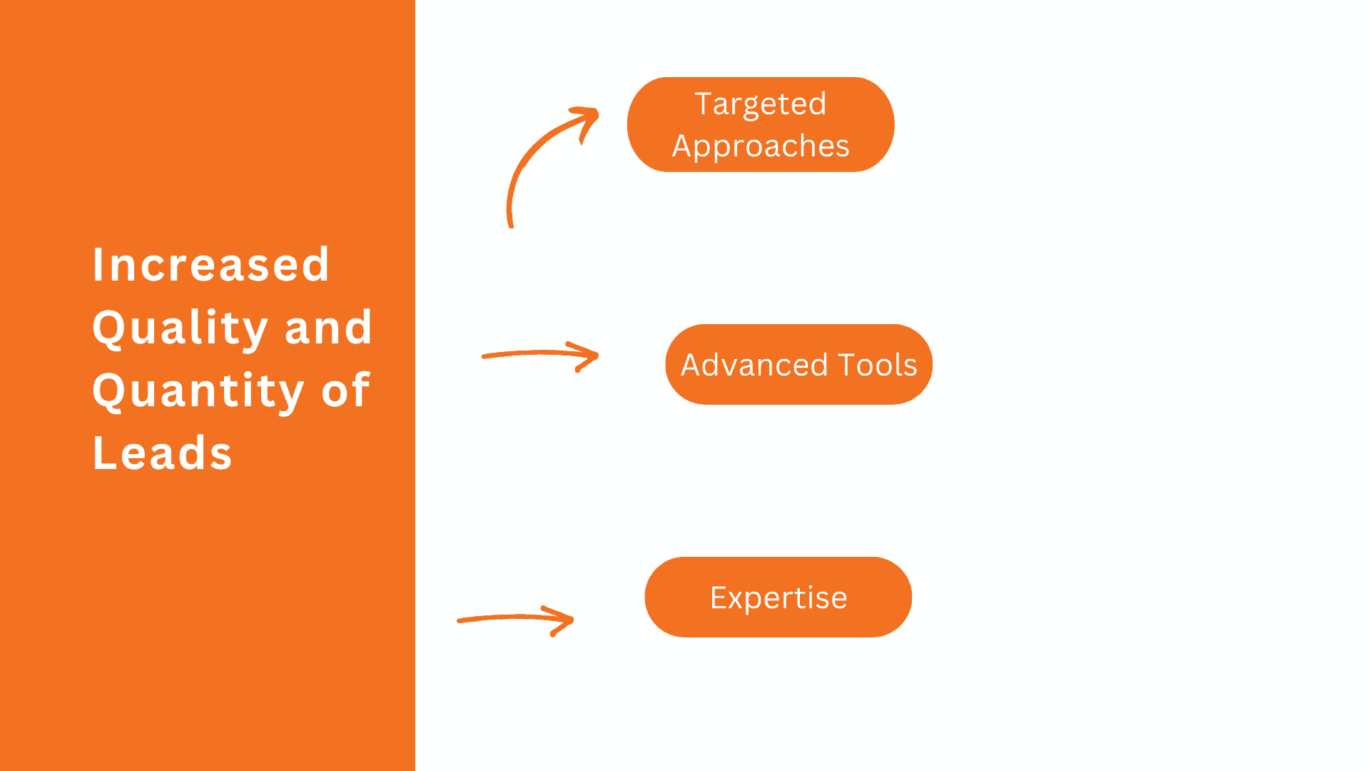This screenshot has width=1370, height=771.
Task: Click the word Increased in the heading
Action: click(x=211, y=265)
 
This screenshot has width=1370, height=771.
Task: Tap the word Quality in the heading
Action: click(x=180, y=328)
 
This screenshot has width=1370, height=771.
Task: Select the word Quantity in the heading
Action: click(x=198, y=390)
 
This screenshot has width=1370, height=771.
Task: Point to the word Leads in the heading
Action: click(x=163, y=453)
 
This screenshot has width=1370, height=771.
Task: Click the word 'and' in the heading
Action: click(x=328, y=328)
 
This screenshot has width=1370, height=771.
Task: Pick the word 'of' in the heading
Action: click(x=345, y=390)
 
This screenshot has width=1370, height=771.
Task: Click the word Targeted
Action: click(x=761, y=104)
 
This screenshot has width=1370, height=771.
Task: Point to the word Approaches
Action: click(x=761, y=146)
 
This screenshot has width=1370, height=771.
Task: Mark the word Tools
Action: click(x=877, y=365)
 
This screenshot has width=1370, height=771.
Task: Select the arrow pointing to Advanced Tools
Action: click(x=528, y=353)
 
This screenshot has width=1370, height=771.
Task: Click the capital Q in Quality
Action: click(x=108, y=328)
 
